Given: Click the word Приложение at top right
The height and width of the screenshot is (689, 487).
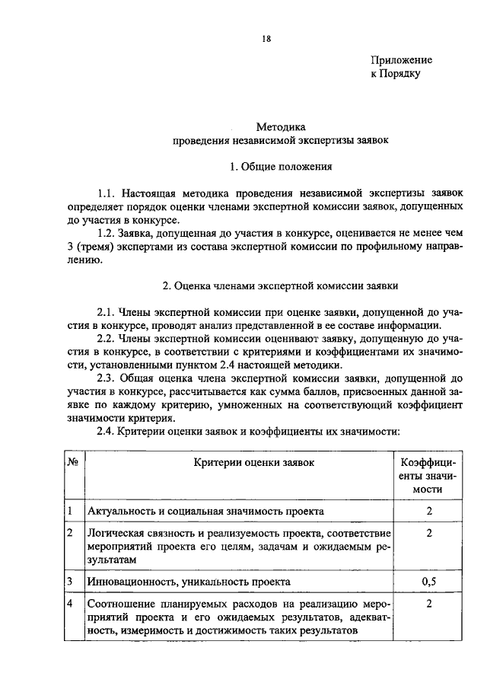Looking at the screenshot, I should click(x=401, y=59).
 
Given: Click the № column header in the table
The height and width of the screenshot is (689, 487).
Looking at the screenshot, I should click(x=74, y=461).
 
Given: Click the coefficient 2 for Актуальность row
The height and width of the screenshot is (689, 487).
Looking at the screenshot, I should click(x=428, y=511).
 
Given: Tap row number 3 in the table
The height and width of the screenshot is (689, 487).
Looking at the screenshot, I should click(x=70, y=582).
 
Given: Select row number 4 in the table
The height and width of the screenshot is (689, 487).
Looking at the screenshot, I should click(x=70, y=604).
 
